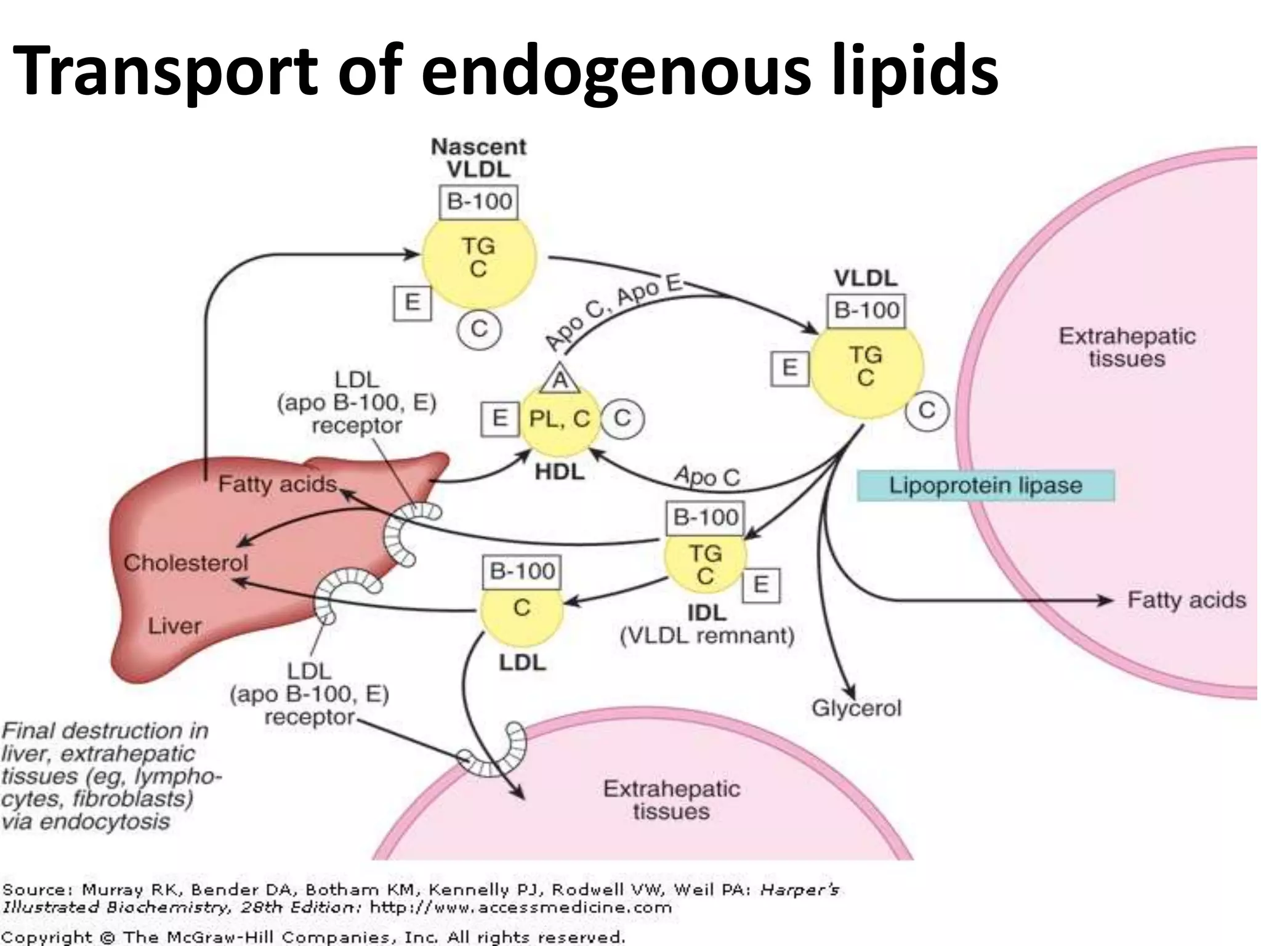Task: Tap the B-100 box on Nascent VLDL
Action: (x=479, y=201)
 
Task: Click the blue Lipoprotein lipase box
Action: (x=985, y=485)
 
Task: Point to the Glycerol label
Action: (x=856, y=708)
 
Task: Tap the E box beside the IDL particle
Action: (x=761, y=584)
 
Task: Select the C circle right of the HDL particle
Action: (x=622, y=419)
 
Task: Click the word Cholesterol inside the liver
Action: (x=185, y=562)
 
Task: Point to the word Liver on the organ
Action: (x=174, y=626)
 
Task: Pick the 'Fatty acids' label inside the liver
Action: (x=277, y=484)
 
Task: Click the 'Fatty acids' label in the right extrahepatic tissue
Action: (x=1186, y=600)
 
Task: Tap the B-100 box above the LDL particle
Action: (x=522, y=572)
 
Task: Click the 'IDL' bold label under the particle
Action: (x=707, y=613)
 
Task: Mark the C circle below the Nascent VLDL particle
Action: (x=479, y=329)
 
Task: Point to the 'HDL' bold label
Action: (x=559, y=472)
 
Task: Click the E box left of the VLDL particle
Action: (x=789, y=368)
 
